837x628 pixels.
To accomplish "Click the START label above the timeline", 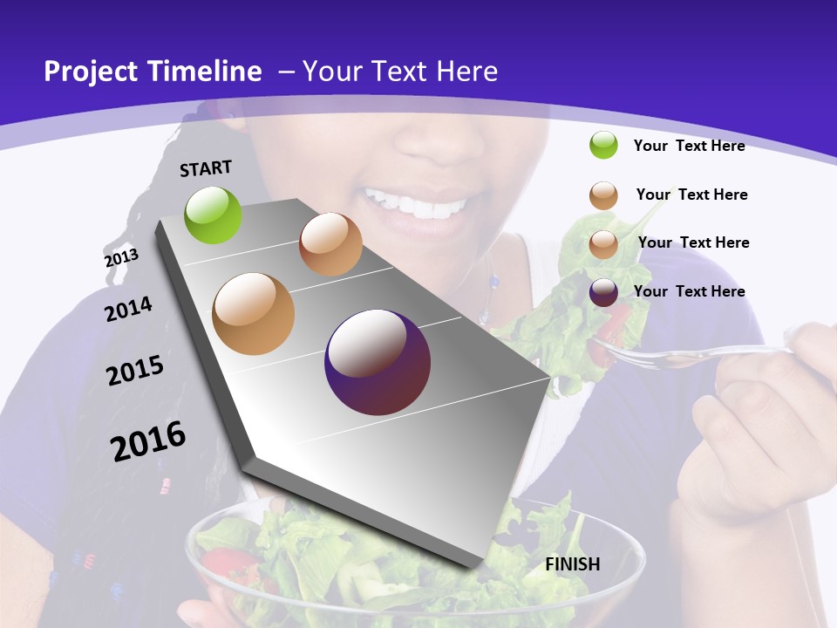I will pyautogui.click(x=206, y=168).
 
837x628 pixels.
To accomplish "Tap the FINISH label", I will pyautogui.click(x=572, y=564).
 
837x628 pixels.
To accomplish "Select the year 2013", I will pyautogui.click(x=121, y=258).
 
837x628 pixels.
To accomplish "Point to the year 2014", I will pyautogui.click(x=128, y=309).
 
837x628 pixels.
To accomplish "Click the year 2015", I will pyautogui.click(x=135, y=371).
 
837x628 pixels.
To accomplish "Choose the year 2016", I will pyautogui.click(x=148, y=440).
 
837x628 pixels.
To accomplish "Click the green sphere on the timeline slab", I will pyautogui.click(x=213, y=215).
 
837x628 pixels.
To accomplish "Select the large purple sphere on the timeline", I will pyautogui.click(x=378, y=362).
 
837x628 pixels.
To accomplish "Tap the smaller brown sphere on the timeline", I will pyautogui.click(x=330, y=244).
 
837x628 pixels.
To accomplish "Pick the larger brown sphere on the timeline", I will pyautogui.click(x=254, y=314).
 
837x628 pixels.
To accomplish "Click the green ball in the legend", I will pyautogui.click(x=603, y=145).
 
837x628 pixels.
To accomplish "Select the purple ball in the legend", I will pyautogui.click(x=603, y=292).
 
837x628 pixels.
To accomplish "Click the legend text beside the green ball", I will pyautogui.click(x=689, y=146).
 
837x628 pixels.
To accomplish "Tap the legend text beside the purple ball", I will pyautogui.click(x=689, y=291).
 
